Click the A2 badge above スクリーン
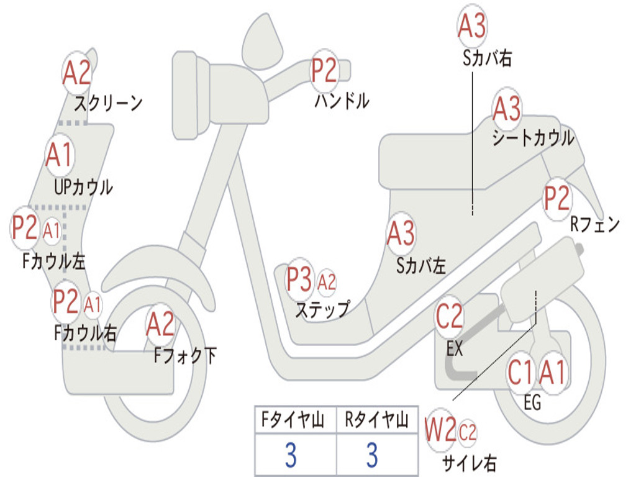pyautogui.click(x=77, y=73)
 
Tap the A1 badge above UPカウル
pyautogui.click(x=60, y=155)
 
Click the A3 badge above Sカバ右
pyautogui.click(x=471, y=26)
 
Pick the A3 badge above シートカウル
pyautogui.click(x=507, y=109)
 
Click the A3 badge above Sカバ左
pyautogui.click(x=401, y=234)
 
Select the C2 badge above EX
pyautogui.click(x=449, y=317)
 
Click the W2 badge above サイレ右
pyautogui.click(x=440, y=431)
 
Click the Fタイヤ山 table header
pyautogui.click(x=294, y=420)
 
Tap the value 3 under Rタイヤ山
pyautogui.click(x=371, y=455)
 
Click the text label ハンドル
pyautogui.click(x=342, y=100)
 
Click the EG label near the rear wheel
pyautogui.click(x=532, y=402)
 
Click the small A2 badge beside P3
pyautogui.click(x=327, y=283)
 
